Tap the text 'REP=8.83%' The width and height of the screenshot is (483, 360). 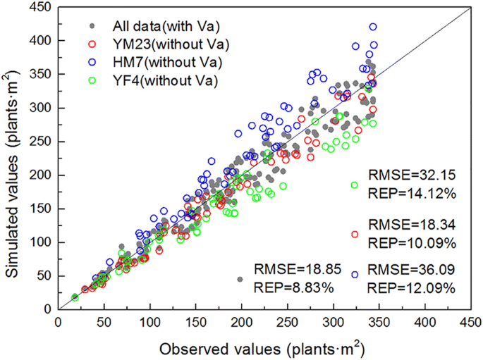[286, 287]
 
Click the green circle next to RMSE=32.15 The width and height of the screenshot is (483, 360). [355, 185]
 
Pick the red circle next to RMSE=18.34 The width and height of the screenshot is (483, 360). [355, 234]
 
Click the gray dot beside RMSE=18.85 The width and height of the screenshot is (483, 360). [240, 279]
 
